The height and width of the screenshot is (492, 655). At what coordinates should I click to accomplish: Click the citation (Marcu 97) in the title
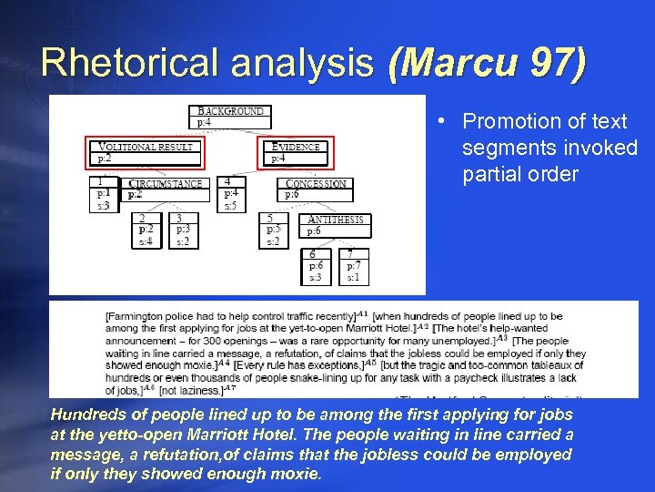click(x=487, y=63)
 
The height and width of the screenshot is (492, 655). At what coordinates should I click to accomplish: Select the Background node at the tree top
click(x=231, y=117)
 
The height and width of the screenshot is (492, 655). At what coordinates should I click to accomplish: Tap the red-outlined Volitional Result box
click(x=146, y=152)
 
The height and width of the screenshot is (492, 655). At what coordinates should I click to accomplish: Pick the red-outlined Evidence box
click(x=297, y=152)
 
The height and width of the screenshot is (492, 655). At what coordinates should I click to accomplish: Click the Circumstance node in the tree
click(x=165, y=189)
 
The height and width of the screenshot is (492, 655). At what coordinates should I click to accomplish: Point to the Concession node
click(x=317, y=189)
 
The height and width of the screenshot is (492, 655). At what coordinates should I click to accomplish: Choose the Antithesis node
click(x=336, y=225)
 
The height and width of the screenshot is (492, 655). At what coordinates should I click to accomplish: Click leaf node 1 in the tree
click(x=105, y=193)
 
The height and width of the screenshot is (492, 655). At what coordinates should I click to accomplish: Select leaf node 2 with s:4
click(x=146, y=231)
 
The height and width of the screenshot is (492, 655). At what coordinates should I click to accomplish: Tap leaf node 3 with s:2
click(x=185, y=231)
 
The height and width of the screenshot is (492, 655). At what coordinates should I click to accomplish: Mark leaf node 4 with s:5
click(x=232, y=193)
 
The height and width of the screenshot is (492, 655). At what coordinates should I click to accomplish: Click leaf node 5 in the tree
click(x=274, y=231)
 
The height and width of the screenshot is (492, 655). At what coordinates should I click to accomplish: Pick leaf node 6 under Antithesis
click(x=315, y=265)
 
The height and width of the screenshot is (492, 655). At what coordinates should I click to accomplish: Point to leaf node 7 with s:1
click(x=353, y=265)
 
